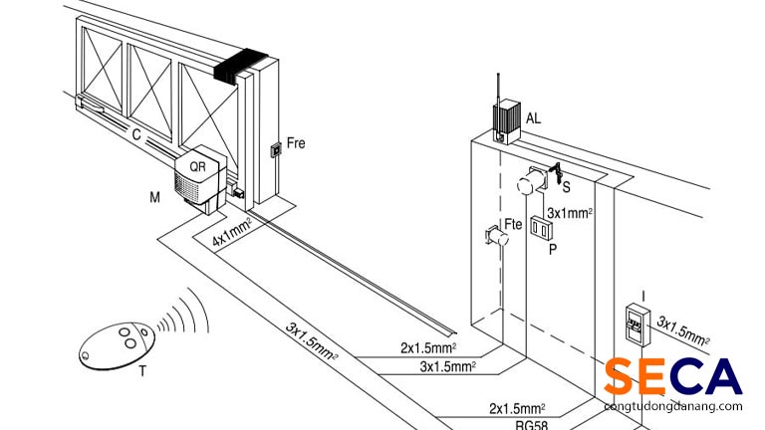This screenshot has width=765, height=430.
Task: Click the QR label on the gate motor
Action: pos(197,166)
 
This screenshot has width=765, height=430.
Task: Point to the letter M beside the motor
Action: pos(154,198)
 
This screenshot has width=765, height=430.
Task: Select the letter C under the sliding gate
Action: pos(135,130)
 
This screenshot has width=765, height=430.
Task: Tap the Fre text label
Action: pos(296,143)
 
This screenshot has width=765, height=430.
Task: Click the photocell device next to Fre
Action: pos(275,151)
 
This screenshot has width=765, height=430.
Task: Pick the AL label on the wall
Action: pos(534,118)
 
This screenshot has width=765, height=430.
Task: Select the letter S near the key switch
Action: pos(565,186)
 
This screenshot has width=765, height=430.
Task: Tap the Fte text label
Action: pos(513,225)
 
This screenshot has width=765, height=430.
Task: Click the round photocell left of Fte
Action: pos(491,236)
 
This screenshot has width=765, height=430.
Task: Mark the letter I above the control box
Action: pos(643,294)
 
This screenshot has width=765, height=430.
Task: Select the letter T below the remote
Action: pos(142,371)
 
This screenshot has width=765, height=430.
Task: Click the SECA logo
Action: pos(672,378)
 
